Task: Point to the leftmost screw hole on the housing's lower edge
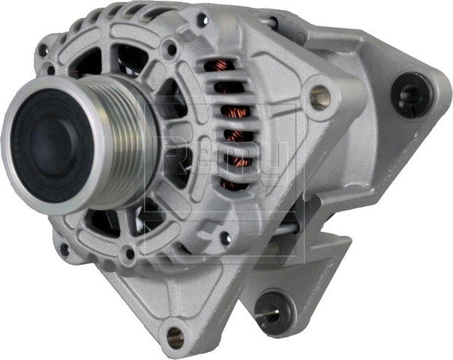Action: pos(63,248)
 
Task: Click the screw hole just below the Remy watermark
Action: pos(224,238)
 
